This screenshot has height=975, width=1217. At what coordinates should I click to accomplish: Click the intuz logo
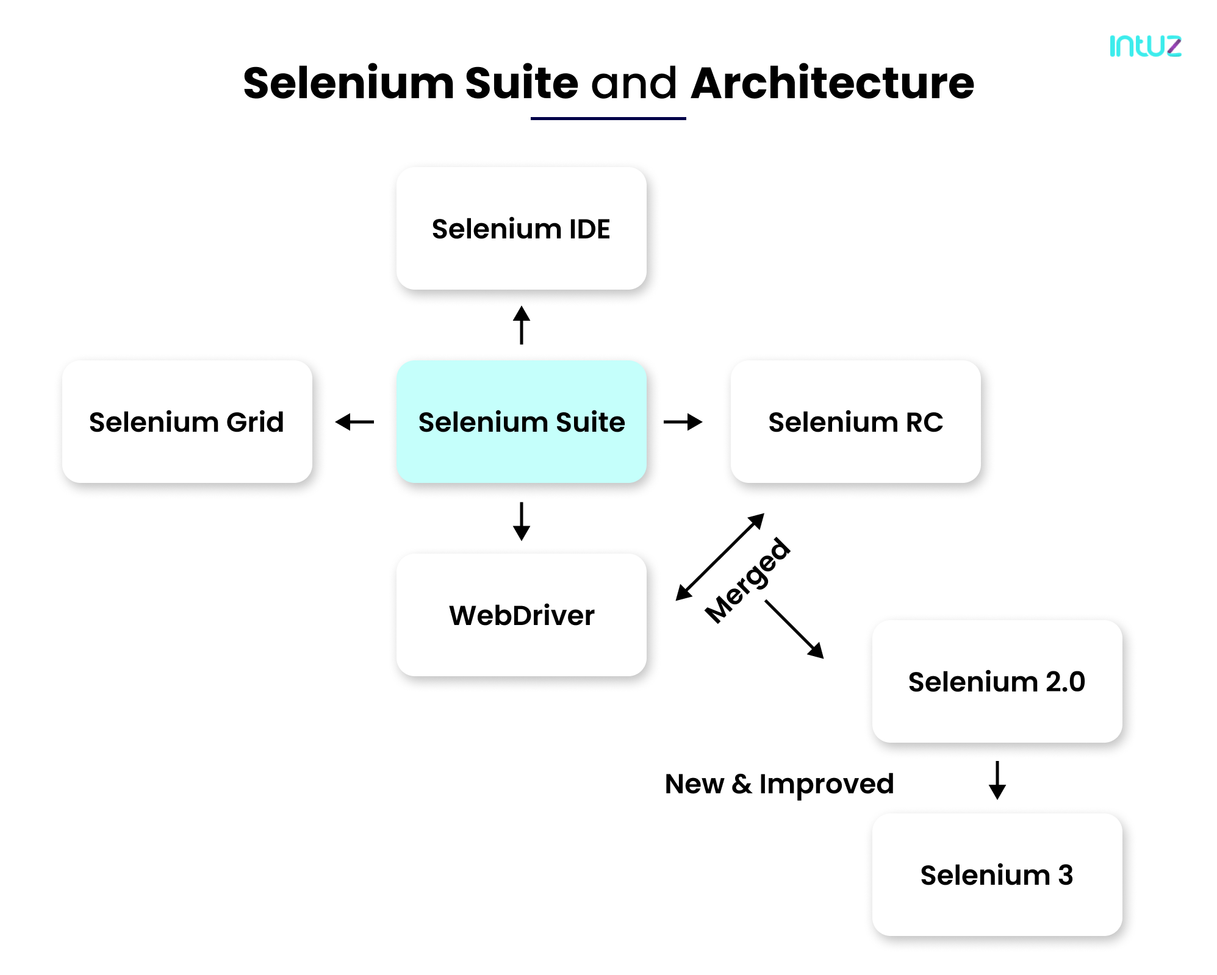click(1144, 46)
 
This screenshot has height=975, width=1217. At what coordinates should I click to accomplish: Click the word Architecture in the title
click(832, 84)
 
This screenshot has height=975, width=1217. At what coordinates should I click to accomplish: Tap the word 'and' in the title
click(634, 84)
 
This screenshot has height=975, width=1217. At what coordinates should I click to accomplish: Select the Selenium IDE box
click(521, 229)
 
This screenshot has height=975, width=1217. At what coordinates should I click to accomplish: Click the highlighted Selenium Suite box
click(521, 422)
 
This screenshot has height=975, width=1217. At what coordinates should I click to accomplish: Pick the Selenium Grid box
click(187, 422)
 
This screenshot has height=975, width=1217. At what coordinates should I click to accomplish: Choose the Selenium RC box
click(855, 422)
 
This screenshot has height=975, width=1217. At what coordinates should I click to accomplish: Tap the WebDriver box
click(521, 615)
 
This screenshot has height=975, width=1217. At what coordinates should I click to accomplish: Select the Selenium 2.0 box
click(997, 682)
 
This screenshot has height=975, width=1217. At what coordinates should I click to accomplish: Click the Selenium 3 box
click(997, 875)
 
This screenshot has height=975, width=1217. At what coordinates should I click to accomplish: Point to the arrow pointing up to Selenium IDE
click(521, 326)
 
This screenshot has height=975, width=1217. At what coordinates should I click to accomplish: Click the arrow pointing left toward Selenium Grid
click(354, 422)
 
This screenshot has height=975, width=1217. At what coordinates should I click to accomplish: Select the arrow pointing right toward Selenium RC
click(683, 422)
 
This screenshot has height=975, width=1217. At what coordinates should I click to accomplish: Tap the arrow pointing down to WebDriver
click(521, 521)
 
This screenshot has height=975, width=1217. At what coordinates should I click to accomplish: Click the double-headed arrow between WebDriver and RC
click(720, 557)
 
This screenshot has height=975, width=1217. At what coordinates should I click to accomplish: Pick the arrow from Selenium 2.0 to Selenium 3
click(997, 780)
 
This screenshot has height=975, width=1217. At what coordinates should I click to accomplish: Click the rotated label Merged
click(748, 580)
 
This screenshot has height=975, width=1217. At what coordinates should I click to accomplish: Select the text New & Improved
click(779, 784)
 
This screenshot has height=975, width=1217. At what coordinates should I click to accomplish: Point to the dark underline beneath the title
click(608, 118)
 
